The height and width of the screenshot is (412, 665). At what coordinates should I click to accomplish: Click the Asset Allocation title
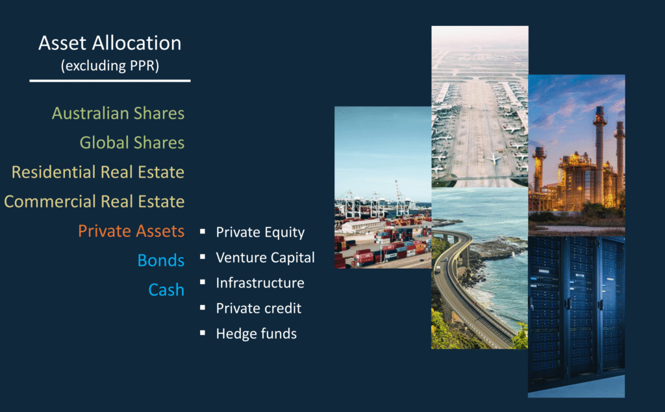[x=110, y=43]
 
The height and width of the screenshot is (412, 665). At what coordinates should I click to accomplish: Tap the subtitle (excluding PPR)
[x=110, y=66]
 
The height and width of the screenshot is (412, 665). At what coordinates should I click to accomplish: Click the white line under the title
[x=110, y=80]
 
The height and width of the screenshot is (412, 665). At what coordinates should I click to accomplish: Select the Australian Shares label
[x=118, y=113]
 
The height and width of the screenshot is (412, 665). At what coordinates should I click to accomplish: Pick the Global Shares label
[x=132, y=143]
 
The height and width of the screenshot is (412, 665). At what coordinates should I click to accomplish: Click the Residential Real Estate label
[x=98, y=172]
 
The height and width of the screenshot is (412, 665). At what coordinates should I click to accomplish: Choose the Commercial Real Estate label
[x=94, y=201]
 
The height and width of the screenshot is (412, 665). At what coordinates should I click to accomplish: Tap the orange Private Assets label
[x=131, y=231]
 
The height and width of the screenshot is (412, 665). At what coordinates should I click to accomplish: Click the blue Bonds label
[x=161, y=260]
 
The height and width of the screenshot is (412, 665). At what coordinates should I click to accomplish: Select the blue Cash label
[x=166, y=290]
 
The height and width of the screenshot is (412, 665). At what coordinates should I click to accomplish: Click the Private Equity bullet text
[x=260, y=232]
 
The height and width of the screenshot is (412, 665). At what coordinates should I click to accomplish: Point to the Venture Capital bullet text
[x=265, y=258]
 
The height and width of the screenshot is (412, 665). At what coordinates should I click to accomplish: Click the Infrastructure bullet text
[x=260, y=283]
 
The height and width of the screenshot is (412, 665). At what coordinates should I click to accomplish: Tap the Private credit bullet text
[x=258, y=308]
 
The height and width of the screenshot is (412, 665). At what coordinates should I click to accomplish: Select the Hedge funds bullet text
[x=256, y=333]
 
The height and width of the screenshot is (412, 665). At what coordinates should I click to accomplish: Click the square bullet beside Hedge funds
[x=203, y=333]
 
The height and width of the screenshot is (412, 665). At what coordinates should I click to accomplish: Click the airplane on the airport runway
[x=494, y=158]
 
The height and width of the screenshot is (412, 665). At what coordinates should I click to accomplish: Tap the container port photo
[x=383, y=188]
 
